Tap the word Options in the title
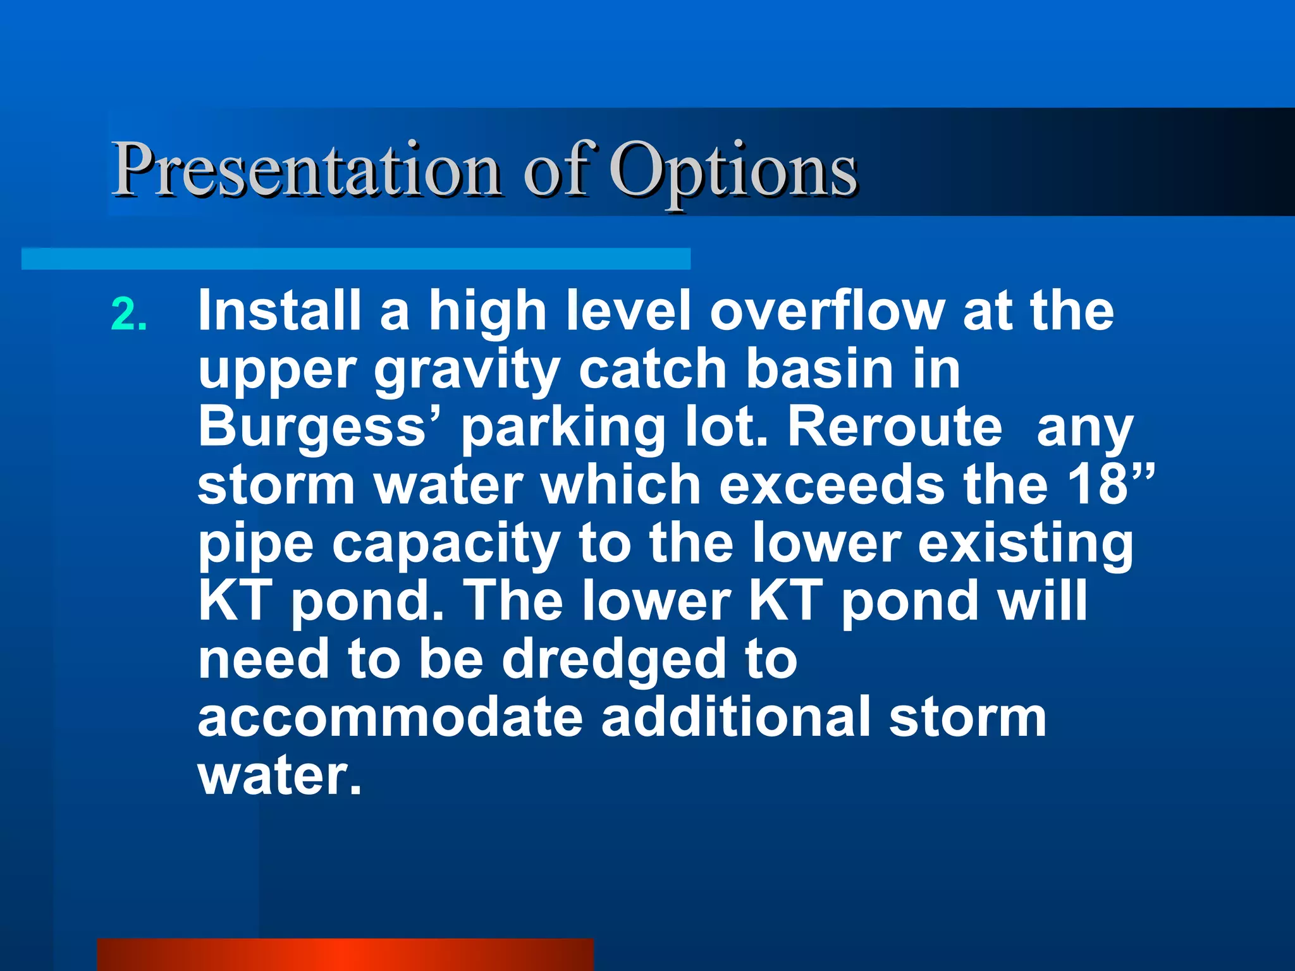(733, 169)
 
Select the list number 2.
(129, 315)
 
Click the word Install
(279, 311)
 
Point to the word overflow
(827, 311)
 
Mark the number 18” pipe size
(1112, 484)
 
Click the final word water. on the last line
(279, 775)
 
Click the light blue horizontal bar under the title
(355, 259)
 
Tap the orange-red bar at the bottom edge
(345, 955)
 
